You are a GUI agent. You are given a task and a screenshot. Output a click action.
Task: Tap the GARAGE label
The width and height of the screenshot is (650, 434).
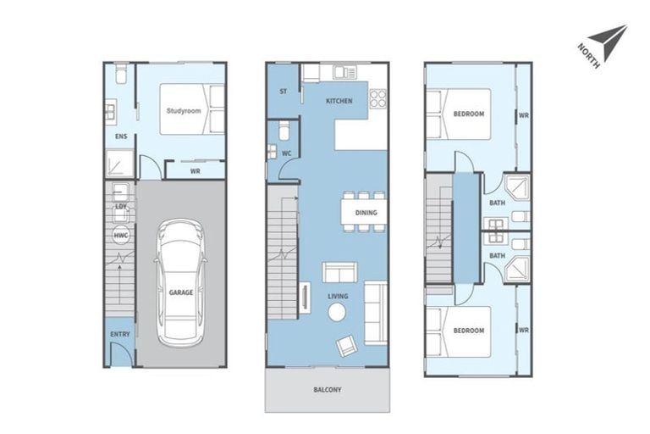tap(180, 292)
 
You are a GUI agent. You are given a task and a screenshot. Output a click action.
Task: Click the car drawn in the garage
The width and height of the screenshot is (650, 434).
tap(180, 280)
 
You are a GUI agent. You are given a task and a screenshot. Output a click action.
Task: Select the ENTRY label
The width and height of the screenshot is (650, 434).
tap(120, 334)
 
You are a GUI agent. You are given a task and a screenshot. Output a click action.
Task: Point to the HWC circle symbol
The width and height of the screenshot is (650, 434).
tap(120, 236)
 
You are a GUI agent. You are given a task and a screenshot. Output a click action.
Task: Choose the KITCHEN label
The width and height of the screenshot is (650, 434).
tap(339, 101)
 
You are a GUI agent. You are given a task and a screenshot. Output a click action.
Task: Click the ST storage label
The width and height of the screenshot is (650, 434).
tap(283, 91)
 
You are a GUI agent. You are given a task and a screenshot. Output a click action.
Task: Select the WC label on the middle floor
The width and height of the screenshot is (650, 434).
tap(287, 153)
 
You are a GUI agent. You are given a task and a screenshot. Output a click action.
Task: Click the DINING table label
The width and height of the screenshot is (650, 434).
tap(366, 213)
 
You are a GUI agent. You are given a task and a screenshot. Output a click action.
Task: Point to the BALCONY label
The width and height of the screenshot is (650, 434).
tap(327, 390)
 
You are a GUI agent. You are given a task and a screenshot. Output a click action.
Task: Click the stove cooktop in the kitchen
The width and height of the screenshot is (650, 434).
tap(377, 98)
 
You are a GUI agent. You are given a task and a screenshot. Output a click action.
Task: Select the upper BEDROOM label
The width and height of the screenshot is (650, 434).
tap(468, 113)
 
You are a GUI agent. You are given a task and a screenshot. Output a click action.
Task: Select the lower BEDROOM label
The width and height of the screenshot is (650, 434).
tap(468, 330)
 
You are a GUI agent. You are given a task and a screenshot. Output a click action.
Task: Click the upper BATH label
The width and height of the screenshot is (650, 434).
tap(497, 203)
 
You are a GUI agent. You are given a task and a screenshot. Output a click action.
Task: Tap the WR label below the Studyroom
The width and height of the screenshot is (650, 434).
tap(195, 170)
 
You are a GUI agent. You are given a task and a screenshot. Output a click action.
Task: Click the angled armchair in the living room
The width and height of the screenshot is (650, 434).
tap(347, 345)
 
